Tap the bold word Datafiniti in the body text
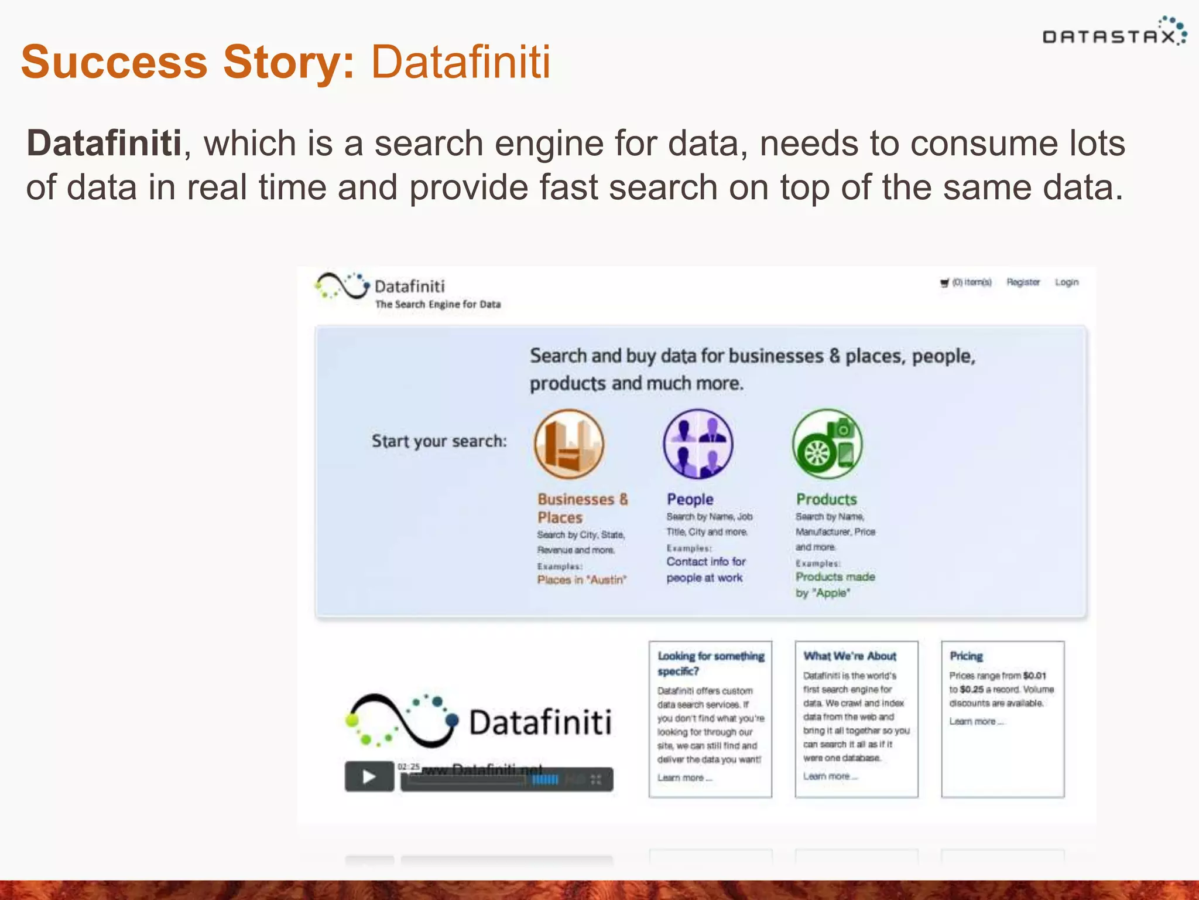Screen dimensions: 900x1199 tap(104, 143)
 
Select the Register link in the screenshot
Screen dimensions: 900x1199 tap(1023, 282)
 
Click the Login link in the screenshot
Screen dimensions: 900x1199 tap(1067, 282)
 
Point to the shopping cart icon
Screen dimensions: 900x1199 tap(944, 283)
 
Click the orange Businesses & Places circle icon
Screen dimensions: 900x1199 tap(568, 444)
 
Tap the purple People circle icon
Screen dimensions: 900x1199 tap(698, 444)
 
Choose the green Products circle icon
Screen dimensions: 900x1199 tap(827, 444)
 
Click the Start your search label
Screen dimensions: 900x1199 tap(439, 441)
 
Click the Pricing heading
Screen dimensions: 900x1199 tap(966, 656)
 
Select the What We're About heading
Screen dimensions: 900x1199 tap(849, 656)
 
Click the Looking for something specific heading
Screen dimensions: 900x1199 tap(711, 663)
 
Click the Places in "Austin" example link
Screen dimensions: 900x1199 tap(582, 580)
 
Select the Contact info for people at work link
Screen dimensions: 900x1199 tap(705, 570)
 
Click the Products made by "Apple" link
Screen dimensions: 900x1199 tap(835, 585)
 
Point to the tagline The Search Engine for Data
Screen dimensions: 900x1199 tap(438, 305)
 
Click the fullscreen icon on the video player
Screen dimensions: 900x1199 tap(596, 779)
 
